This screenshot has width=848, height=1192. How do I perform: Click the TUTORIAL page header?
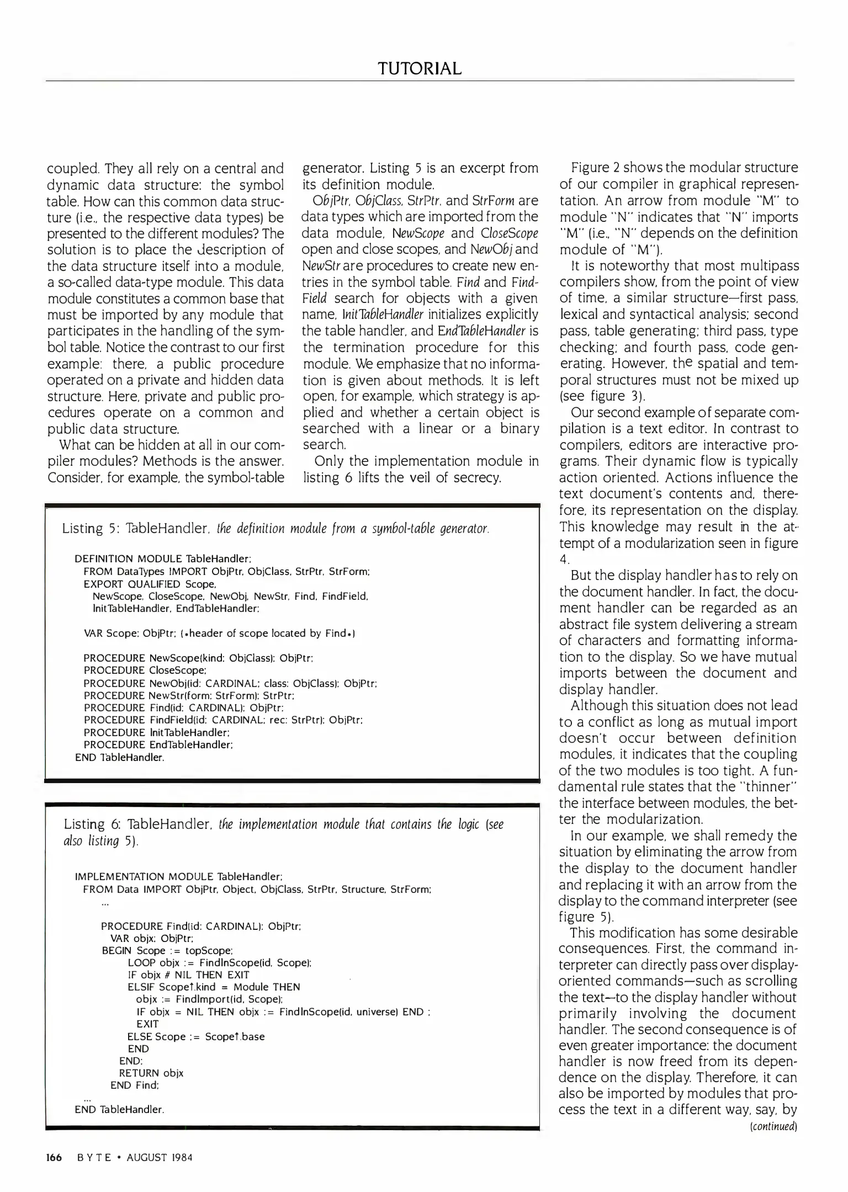pos(419,68)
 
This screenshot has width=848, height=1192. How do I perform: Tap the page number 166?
pos(54,1157)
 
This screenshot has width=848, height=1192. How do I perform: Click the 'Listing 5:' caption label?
pos(90,529)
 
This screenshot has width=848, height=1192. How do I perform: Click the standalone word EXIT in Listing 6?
pos(147,1024)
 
